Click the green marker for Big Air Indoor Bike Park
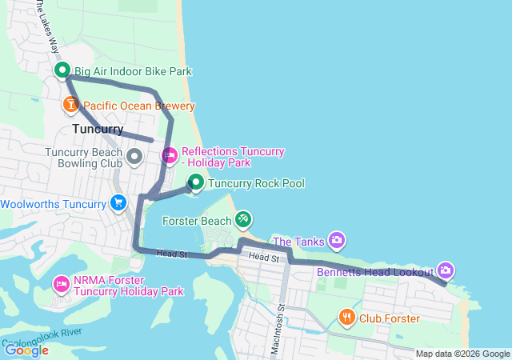[63, 71]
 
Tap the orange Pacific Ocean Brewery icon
[71, 105]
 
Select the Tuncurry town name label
[98, 129]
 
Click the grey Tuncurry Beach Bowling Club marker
[134, 155]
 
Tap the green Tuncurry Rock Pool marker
[195, 183]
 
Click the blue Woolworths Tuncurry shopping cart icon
[118, 203]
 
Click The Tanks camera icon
[338, 240]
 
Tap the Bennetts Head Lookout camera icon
[446, 271]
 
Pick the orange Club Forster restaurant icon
[346, 318]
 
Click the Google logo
[26, 350]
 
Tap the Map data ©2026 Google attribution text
[462, 354]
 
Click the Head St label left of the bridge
[171, 254]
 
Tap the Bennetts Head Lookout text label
[374, 272]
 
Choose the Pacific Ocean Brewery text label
[139, 106]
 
